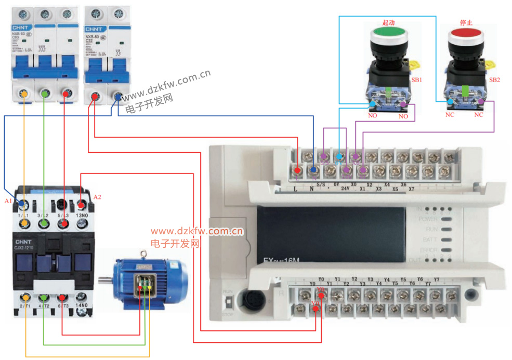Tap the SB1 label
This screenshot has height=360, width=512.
tap(416, 81)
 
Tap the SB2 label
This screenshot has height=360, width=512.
tap(494, 80)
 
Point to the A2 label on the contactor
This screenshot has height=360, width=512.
tap(97, 197)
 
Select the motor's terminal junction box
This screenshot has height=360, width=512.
tap(146, 283)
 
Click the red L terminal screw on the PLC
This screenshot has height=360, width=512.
tap(297, 170)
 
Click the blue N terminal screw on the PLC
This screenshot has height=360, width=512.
tap(313, 170)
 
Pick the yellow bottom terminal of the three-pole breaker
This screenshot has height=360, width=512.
tap(23, 94)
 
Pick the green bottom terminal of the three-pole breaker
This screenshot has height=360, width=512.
tap(45, 94)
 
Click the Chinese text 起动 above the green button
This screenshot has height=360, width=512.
tap(389, 23)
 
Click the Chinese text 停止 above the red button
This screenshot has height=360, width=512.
tap(466, 23)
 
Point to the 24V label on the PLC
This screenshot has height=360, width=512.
tap(345, 188)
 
